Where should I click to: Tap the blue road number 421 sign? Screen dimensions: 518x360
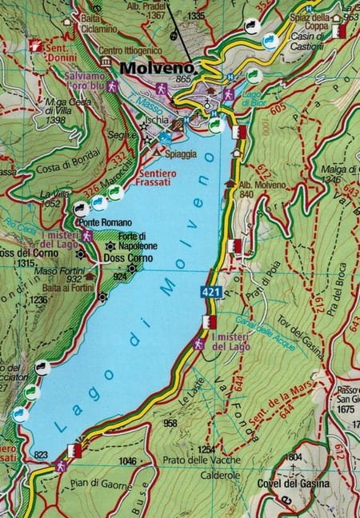tap(211, 293)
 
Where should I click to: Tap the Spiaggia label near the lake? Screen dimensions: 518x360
tap(182, 153)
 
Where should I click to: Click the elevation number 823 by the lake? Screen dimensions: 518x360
tap(40, 455)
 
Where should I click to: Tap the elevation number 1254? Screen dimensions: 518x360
tap(207, 449)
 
